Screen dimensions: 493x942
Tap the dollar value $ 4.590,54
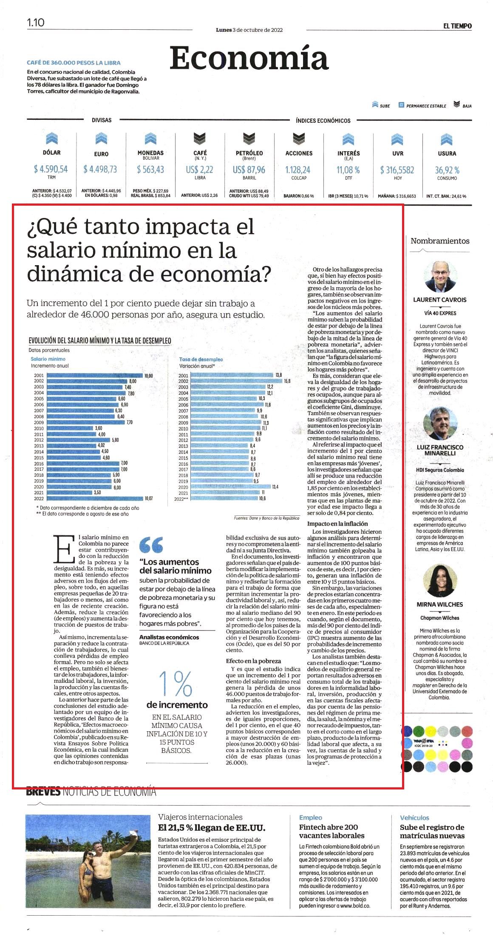(x=51, y=169)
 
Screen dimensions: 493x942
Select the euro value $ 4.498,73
(x=100, y=169)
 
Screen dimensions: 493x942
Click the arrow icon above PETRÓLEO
(x=249, y=139)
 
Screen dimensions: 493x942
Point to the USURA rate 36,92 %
(x=447, y=170)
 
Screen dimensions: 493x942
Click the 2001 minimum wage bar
(x=94, y=376)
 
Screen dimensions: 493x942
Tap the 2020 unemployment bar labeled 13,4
(x=231, y=487)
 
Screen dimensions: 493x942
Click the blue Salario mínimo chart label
(x=48, y=359)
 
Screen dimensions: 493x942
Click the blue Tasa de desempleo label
(x=201, y=359)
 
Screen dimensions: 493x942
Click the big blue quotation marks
(x=151, y=545)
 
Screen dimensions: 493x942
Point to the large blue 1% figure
(x=176, y=683)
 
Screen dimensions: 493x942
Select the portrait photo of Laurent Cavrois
(x=439, y=276)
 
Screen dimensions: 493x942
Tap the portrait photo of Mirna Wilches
(x=439, y=581)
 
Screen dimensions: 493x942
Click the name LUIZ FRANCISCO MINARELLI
(x=440, y=450)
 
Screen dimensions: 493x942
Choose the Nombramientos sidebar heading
(x=440, y=241)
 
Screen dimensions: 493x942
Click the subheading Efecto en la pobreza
(x=253, y=661)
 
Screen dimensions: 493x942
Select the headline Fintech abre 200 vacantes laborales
(x=329, y=831)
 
